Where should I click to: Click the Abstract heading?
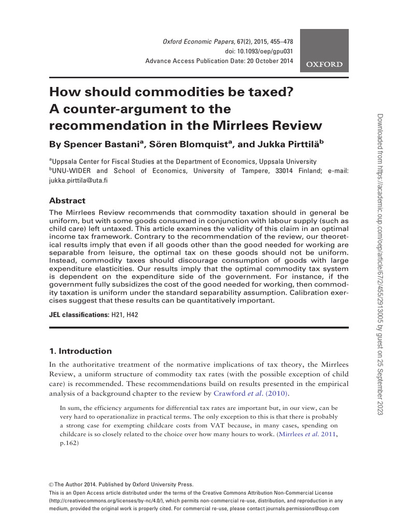pos(67,201)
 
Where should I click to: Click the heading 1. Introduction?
pos(80,351)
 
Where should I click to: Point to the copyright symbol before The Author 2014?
pos(51,483)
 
